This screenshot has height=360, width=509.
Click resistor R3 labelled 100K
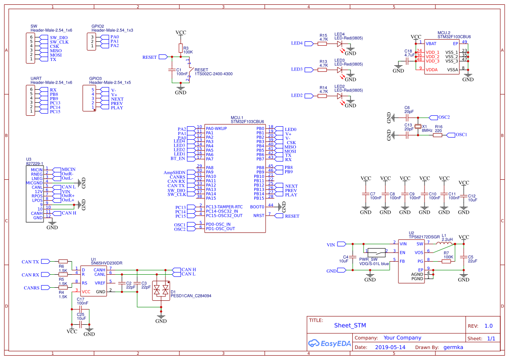pos(180,48)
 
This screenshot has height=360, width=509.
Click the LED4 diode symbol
pos(340,44)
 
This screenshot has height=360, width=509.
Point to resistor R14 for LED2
pos(323,96)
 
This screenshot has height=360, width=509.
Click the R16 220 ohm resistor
pos(438,135)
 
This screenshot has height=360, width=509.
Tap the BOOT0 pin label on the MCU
pos(257,207)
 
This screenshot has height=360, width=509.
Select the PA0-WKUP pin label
pos(216,129)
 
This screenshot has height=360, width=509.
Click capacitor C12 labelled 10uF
pos(464,197)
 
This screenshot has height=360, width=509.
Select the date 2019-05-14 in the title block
pos(390,347)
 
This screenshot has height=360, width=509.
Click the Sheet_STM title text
pos(350,325)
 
